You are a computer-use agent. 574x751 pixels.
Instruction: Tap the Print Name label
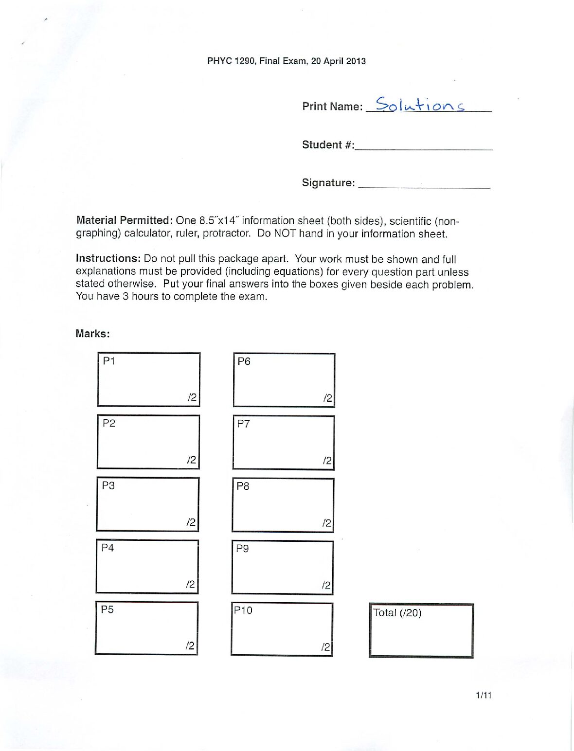pos(332,107)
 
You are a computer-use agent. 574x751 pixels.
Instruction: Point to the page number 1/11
pos(484,696)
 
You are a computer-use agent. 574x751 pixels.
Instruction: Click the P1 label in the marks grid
pos(109,361)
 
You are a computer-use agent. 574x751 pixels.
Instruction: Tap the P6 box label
pos(244,361)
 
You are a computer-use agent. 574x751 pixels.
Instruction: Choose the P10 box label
pos(243,610)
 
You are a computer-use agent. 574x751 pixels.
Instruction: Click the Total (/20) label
pos(397,613)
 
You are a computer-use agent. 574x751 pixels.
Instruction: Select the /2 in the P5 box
pos(190,646)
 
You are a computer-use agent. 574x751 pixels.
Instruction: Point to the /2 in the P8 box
pos(326,523)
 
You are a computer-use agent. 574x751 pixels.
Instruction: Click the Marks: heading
pos(92,334)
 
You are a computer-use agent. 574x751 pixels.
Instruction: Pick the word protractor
pos(227,233)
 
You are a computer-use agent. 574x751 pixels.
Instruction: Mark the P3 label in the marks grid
pos(108,485)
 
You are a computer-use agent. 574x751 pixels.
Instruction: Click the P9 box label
pos(242,548)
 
